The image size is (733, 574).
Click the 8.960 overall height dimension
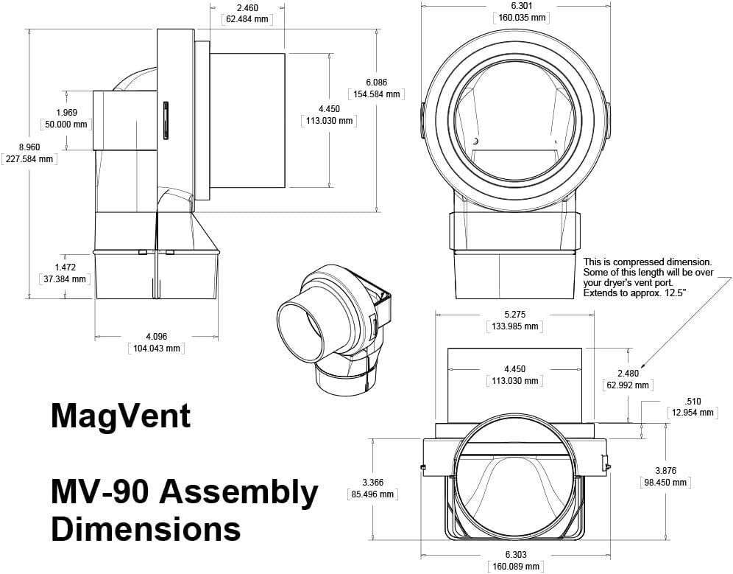click(x=28, y=147)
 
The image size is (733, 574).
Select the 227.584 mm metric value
click(x=28, y=158)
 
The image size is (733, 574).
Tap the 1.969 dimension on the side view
click(x=66, y=113)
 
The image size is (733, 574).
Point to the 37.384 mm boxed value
click(x=65, y=279)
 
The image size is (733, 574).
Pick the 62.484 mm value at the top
click(x=247, y=19)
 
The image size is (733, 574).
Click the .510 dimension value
click(x=693, y=402)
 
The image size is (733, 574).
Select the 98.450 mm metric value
click(x=666, y=483)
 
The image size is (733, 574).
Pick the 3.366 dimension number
click(x=372, y=483)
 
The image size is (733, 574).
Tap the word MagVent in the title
click(x=121, y=416)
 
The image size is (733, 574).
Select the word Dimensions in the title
click(x=146, y=529)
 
